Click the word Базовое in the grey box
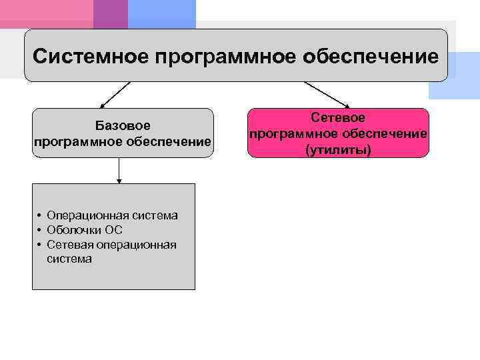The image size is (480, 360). point(123,125)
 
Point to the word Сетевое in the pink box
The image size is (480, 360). point(337,118)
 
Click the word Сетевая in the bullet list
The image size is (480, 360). point(70,245)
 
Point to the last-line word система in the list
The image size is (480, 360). point(69,259)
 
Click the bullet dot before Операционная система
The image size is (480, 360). point(39,216)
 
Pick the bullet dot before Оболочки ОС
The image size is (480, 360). point(39,231)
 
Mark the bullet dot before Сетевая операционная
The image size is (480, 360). point(39,245)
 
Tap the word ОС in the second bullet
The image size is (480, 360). point(114,230)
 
